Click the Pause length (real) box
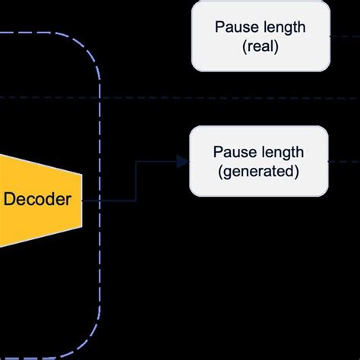[x=260, y=36]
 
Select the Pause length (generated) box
[x=258, y=161]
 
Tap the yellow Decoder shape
[x=46, y=200]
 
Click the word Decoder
[x=37, y=200]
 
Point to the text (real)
[x=260, y=46]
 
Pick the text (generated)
[x=258, y=171]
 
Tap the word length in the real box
[x=282, y=27]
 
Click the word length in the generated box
[x=280, y=152]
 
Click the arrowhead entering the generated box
[x=182, y=161]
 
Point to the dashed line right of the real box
[x=343, y=35]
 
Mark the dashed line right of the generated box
[x=343, y=160]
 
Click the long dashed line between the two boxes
[x=228, y=99]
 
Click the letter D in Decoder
[x=9, y=200]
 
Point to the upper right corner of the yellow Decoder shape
[x=81, y=172]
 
